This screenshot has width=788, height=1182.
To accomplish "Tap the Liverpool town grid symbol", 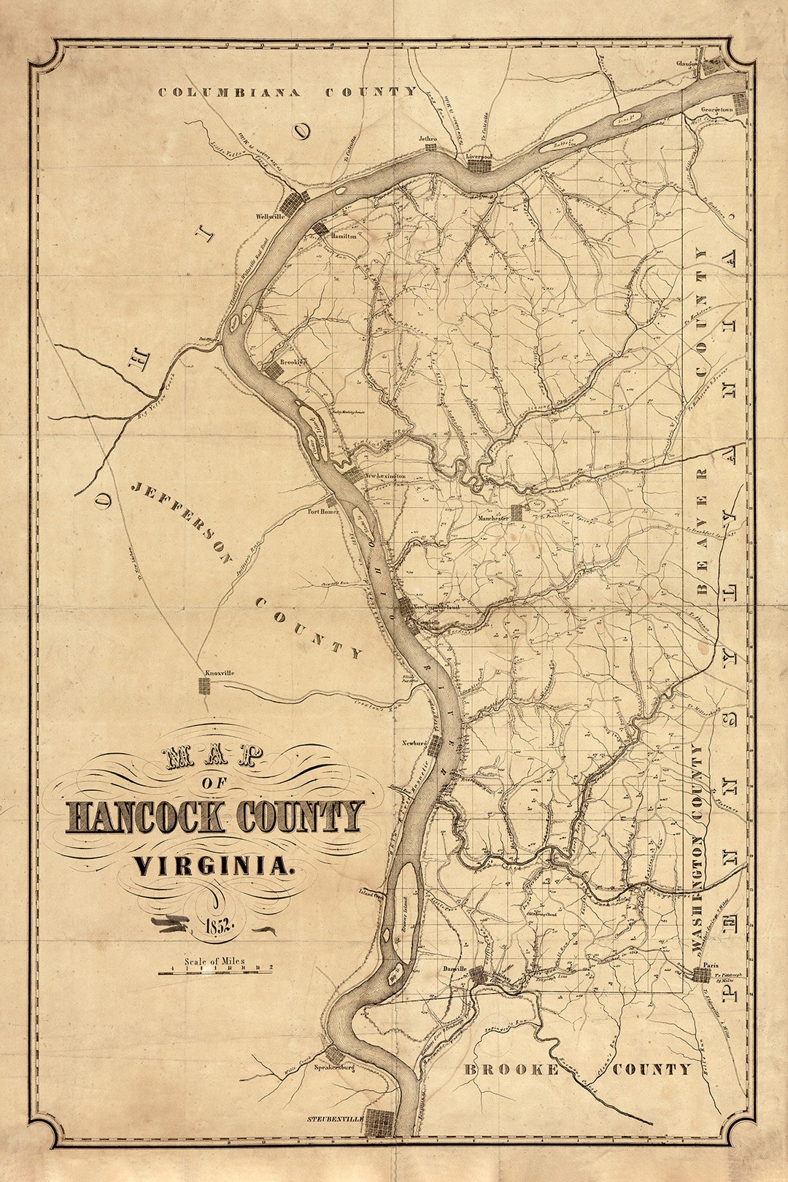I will click(479, 166).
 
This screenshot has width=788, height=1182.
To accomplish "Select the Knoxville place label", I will click(219, 673).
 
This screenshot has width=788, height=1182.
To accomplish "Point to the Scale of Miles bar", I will click(215, 971).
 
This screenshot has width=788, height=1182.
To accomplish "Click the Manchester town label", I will click(492, 518).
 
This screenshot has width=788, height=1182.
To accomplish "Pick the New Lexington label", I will click(385, 476).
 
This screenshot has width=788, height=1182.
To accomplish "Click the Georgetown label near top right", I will click(716, 109).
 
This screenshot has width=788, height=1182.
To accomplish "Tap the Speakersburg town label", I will click(334, 1067).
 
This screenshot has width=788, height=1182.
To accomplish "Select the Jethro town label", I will click(428, 138).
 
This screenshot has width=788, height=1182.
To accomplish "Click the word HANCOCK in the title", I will click(144, 818).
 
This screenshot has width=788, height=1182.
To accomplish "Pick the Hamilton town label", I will click(343, 236).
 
